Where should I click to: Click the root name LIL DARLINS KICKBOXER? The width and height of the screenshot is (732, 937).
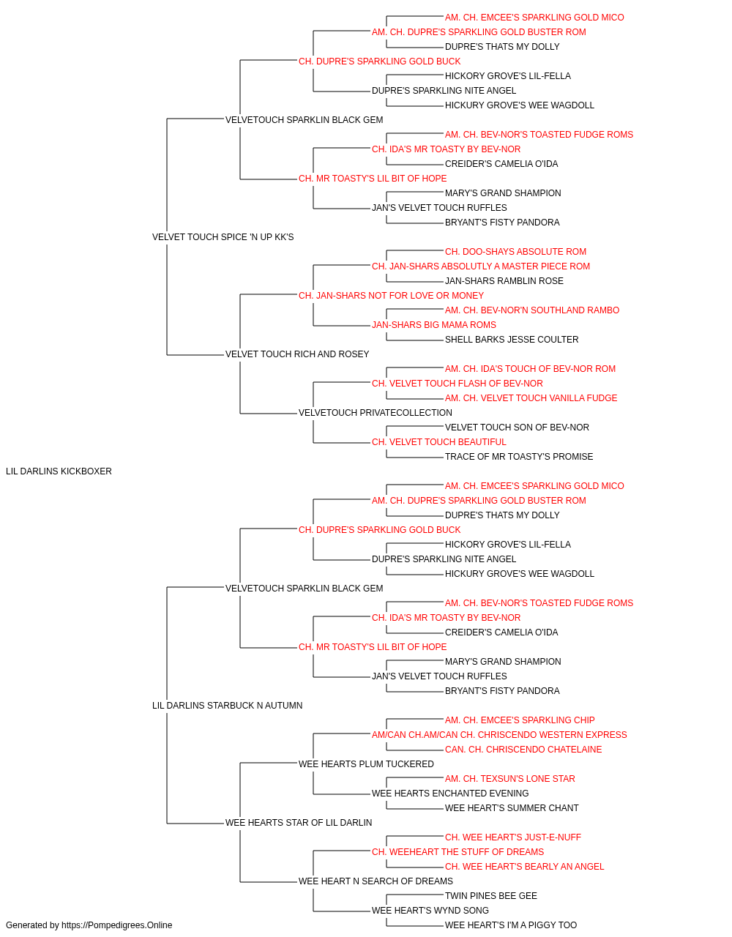(59, 471)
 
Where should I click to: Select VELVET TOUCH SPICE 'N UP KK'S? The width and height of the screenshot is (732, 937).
(223, 237)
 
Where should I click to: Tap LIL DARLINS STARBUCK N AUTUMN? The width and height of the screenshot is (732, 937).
(227, 706)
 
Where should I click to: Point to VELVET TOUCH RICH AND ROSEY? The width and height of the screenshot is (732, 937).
(297, 354)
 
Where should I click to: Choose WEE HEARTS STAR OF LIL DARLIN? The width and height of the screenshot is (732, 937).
(299, 823)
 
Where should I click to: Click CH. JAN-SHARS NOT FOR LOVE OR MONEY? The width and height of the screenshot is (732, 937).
(391, 296)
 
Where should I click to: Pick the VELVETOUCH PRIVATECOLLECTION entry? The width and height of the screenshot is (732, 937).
(375, 413)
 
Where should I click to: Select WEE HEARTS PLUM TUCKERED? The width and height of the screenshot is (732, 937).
(366, 764)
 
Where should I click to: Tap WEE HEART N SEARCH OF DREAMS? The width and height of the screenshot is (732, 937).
(376, 881)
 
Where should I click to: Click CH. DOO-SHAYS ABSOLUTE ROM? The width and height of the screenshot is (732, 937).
(515, 252)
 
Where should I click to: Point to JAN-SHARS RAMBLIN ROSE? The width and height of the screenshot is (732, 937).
(504, 281)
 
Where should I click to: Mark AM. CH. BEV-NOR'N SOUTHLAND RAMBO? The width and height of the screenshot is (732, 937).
(532, 310)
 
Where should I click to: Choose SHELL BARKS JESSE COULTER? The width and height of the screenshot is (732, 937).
(512, 340)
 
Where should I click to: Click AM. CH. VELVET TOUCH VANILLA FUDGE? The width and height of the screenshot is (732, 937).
(531, 398)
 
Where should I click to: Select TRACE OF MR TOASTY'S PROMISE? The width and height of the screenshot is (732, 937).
(519, 457)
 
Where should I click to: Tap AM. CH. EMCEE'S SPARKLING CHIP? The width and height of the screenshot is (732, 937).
(520, 720)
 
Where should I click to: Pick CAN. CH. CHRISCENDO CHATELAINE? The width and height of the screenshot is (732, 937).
(523, 750)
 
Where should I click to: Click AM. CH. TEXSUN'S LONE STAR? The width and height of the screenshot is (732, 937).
(510, 779)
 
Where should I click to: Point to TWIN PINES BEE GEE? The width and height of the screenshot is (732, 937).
(491, 896)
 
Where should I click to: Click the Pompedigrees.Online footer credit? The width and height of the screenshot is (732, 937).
(89, 925)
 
